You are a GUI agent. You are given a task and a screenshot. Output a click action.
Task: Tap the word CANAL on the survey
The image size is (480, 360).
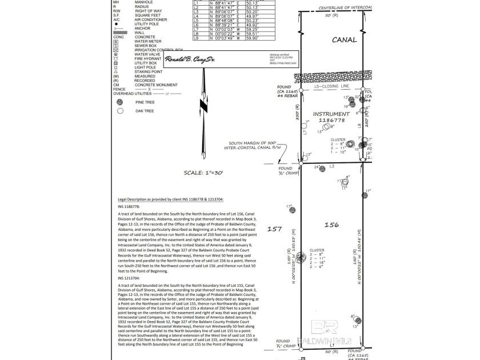coord(344,40)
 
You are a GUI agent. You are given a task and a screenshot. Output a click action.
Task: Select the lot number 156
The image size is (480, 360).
coord(332,225)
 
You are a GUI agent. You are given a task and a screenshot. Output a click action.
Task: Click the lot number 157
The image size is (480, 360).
coord(275,229)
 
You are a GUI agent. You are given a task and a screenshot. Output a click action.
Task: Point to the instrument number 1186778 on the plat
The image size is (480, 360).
coord(331,117)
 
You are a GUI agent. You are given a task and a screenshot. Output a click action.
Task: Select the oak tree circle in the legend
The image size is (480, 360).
coord(120,111)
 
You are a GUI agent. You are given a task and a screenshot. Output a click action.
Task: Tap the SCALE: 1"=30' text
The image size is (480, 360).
coord(203,173)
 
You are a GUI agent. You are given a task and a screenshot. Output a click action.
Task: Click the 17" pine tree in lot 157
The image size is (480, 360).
coord(293,210)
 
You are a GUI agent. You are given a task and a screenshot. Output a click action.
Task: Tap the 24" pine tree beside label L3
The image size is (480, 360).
coord(324,167)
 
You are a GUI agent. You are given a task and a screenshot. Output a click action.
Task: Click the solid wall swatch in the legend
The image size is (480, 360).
coord(120,33)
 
